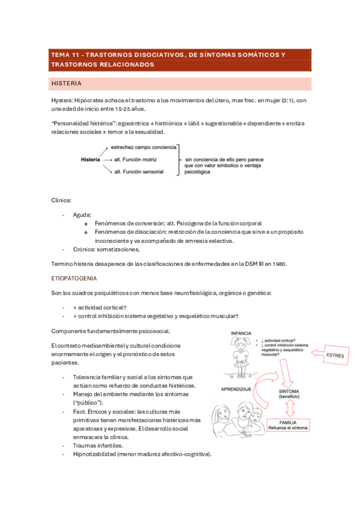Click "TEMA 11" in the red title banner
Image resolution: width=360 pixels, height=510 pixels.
point(67,55)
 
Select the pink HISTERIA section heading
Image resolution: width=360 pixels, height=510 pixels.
point(67,84)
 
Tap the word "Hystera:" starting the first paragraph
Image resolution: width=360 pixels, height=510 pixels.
point(63,100)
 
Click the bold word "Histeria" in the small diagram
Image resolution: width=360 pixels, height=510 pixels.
point(90,159)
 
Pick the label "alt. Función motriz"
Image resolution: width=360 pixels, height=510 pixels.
point(138,159)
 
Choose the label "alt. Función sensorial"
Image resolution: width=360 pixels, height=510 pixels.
point(140,172)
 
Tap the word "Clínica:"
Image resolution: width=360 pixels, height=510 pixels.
point(61,199)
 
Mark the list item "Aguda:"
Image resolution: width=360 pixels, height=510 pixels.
point(82,214)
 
